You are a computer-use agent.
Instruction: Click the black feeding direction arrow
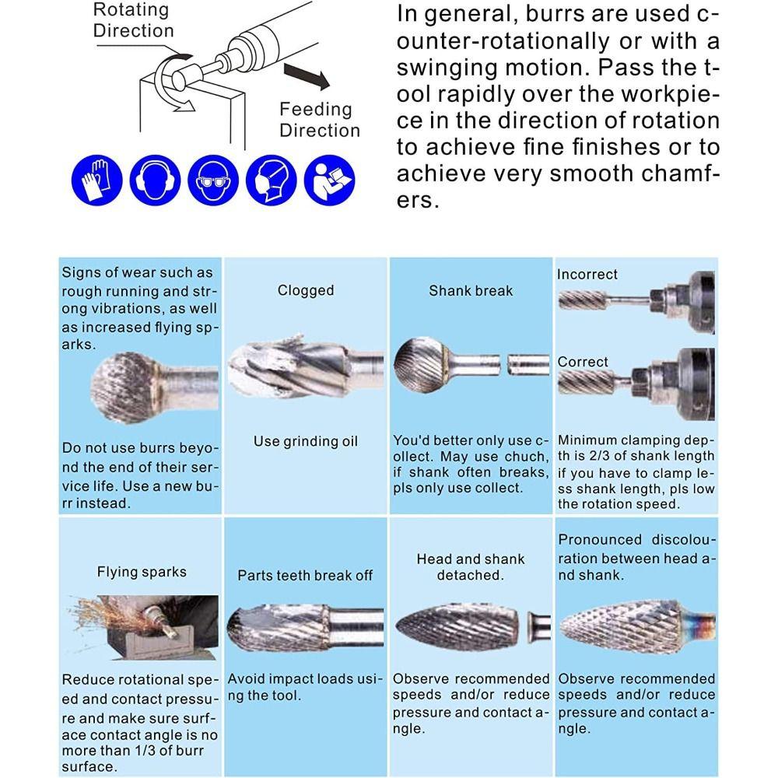[x=306, y=76]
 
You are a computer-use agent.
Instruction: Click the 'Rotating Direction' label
[x=133, y=20]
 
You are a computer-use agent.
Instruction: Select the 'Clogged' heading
[x=305, y=290]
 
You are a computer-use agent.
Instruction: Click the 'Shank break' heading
[x=471, y=290]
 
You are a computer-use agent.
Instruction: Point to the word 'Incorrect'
[x=587, y=275]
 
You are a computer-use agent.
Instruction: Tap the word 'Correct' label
[x=583, y=362]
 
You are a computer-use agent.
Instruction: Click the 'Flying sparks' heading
[x=142, y=572]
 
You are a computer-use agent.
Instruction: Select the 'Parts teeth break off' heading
[x=305, y=576]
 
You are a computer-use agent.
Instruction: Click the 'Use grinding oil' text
[x=305, y=441]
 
